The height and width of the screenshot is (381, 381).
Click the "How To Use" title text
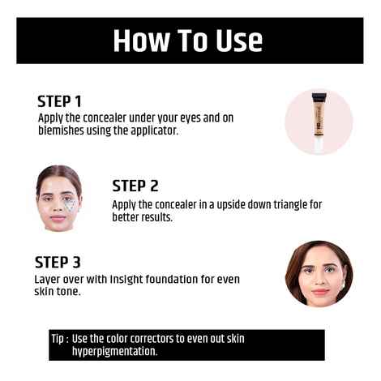pyautogui.click(x=187, y=41)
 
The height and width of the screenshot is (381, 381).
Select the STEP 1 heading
pyautogui.click(x=59, y=102)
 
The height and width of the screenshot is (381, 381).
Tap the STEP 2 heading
pyautogui.click(x=135, y=186)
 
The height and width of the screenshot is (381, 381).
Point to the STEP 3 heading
pyautogui.click(x=58, y=262)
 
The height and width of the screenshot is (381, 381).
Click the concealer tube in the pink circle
pyautogui.click(x=319, y=122)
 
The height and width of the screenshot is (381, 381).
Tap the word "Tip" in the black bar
pyautogui.click(x=58, y=338)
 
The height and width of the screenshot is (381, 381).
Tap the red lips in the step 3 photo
pyautogui.click(x=318, y=292)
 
